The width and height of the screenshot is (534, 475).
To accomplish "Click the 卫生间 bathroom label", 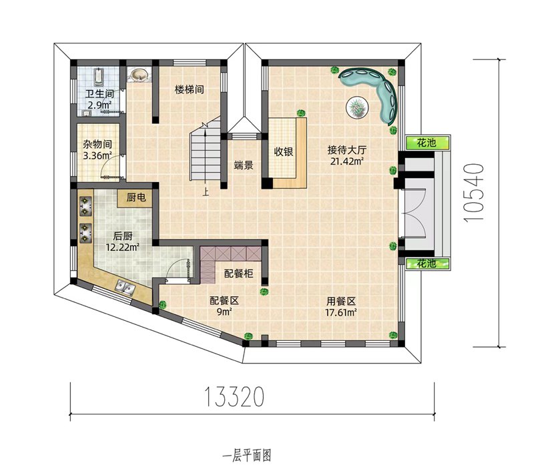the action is click(99, 93).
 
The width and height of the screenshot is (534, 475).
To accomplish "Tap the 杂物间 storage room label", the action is click(97, 144).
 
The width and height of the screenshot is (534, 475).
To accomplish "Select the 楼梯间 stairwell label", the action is click(190, 89).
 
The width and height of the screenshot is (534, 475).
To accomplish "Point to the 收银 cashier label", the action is click(284, 151).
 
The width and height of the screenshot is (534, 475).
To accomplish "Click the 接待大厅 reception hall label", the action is click(347, 149).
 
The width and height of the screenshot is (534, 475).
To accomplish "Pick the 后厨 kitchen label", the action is click(123, 235).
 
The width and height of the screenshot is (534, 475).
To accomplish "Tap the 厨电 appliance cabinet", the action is click(136, 197).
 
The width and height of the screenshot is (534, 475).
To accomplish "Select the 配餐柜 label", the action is click(238, 274).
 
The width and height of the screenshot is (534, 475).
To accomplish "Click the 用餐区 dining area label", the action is click(341, 301).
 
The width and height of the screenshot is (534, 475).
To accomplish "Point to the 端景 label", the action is click(244, 165).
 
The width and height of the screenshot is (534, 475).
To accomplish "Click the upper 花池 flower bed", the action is click(428, 143).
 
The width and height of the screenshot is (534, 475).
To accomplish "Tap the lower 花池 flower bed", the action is click(428, 264).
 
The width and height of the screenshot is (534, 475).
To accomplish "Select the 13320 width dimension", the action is click(234, 397).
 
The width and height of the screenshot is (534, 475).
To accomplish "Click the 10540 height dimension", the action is click(474, 193).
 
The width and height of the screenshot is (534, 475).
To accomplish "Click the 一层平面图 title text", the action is click(247, 456).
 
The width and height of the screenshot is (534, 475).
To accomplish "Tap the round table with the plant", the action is click(357, 107).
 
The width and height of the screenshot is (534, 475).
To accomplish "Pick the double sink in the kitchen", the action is click(125, 287).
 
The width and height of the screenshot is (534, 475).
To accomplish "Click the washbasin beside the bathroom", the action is click(139, 75).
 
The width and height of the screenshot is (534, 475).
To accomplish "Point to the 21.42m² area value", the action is click(346, 161).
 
